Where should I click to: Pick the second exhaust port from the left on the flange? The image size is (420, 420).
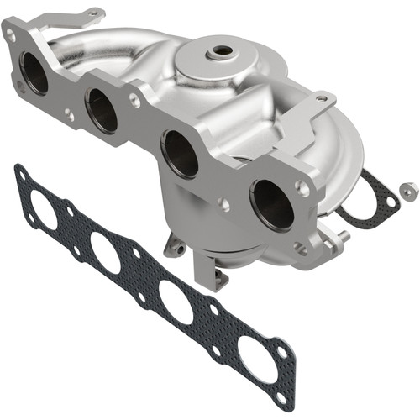(x=102, y=110)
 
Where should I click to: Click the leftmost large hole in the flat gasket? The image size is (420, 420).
(x=46, y=210)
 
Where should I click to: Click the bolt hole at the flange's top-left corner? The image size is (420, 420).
(x=11, y=35)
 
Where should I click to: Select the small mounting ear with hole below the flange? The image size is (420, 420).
(x=176, y=244)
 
